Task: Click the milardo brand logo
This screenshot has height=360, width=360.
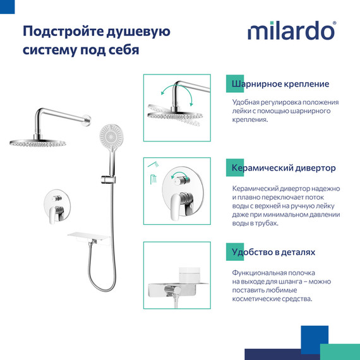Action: click(291, 31)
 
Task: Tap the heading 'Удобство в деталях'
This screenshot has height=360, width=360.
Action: click(273, 252)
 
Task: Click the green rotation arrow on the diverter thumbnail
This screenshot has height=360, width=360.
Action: click(181, 176)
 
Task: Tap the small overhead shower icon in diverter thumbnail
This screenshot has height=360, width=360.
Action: click(152, 165)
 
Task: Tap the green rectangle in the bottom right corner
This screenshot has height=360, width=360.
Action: click(341, 352)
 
